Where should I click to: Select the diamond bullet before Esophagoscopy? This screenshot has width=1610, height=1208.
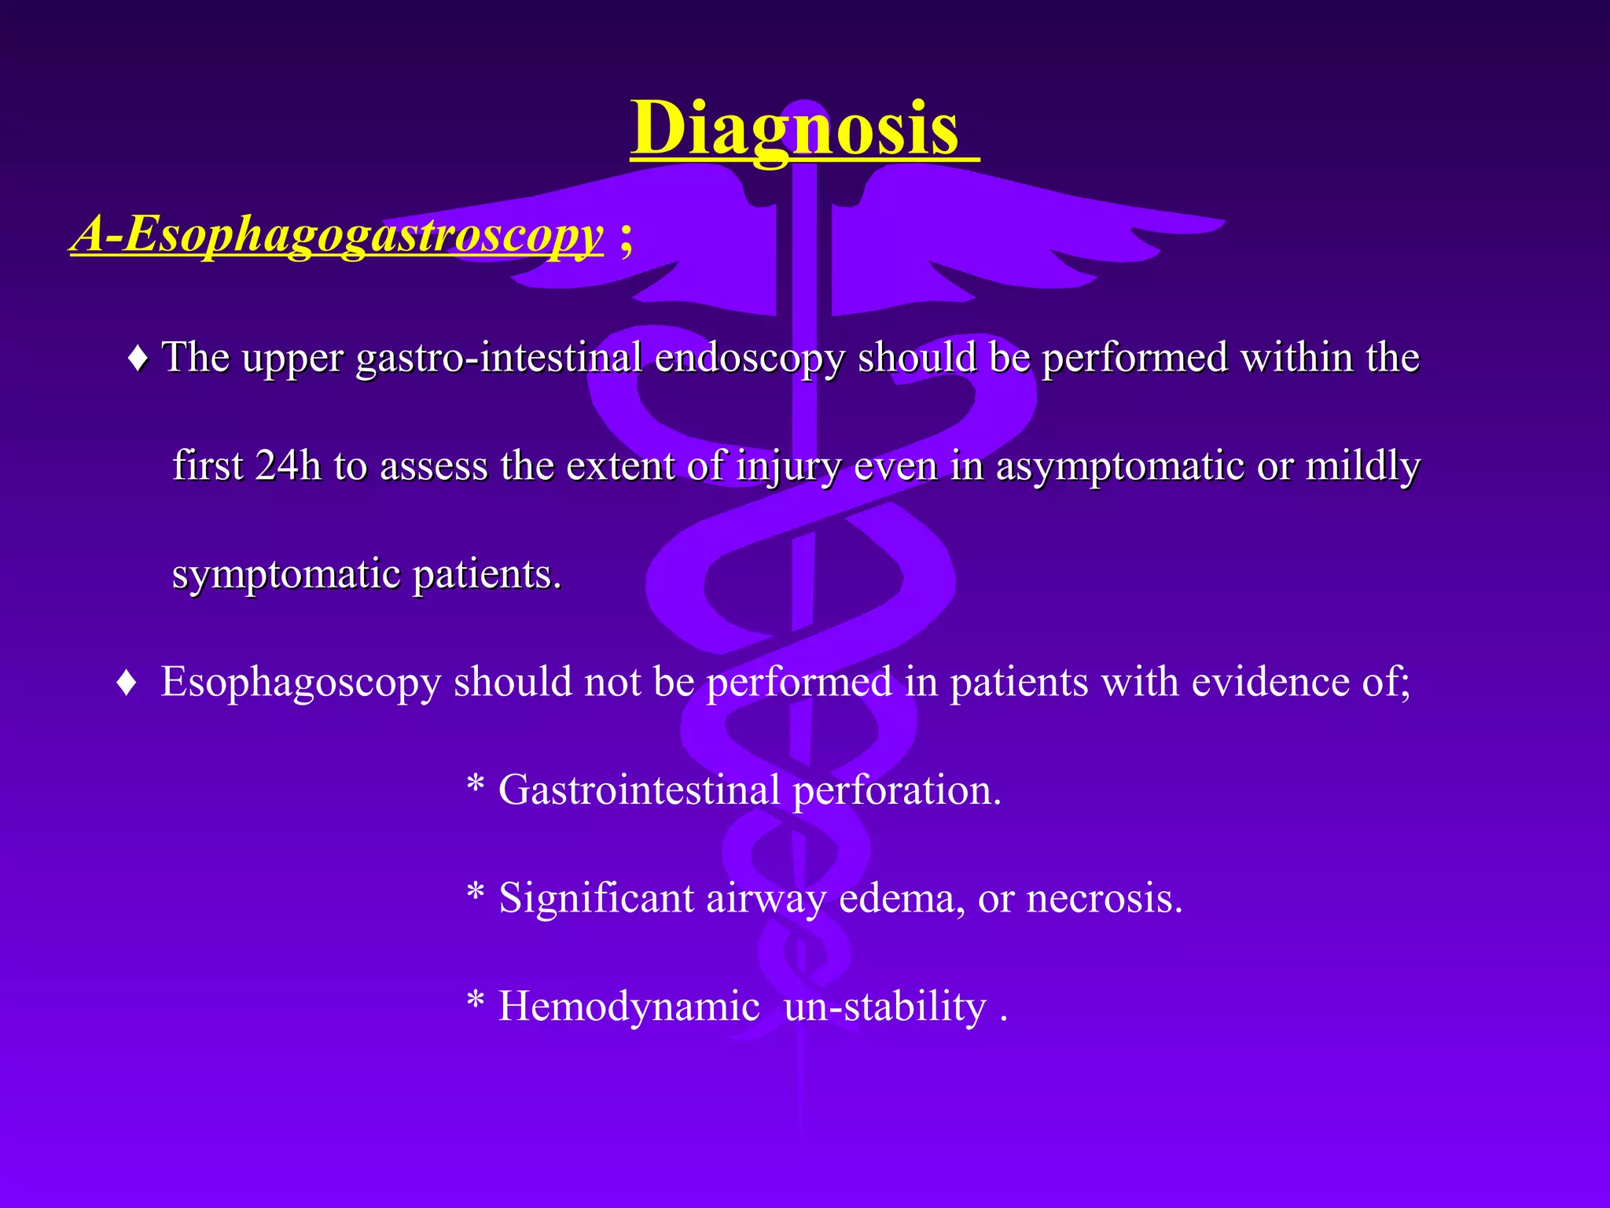(127, 683)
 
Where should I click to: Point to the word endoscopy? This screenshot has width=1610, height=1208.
(749, 359)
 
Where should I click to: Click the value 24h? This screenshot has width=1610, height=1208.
(288, 466)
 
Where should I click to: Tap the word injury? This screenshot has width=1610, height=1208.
(788, 466)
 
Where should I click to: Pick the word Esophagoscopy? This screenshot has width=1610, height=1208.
(300, 683)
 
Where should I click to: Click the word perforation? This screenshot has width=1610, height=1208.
(895, 790)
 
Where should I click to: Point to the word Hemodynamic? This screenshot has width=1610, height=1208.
(629, 1007)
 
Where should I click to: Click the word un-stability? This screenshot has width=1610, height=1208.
(884, 1007)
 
